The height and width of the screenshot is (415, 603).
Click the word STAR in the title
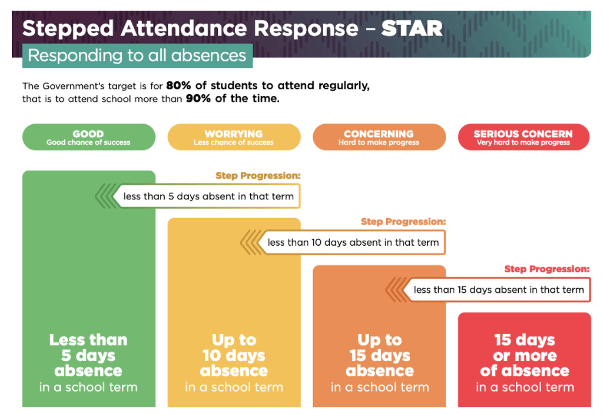(x=412, y=29)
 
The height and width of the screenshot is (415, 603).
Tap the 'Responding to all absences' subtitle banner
(x=137, y=55)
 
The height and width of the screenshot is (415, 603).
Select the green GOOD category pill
(x=89, y=137)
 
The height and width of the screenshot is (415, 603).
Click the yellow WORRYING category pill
(x=234, y=137)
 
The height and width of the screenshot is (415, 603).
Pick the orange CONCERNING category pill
(x=379, y=137)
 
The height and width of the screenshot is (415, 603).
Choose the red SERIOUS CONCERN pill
(x=523, y=137)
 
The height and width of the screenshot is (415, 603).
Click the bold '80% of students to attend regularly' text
(x=268, y=86)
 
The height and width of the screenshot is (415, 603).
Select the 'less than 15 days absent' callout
(x=498, y=290)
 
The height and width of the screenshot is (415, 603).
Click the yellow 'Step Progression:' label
(x=258, y=176)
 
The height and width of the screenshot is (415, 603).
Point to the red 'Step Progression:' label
(x=547, y=269)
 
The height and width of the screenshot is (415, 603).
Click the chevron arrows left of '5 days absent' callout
(x=104, y=197)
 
